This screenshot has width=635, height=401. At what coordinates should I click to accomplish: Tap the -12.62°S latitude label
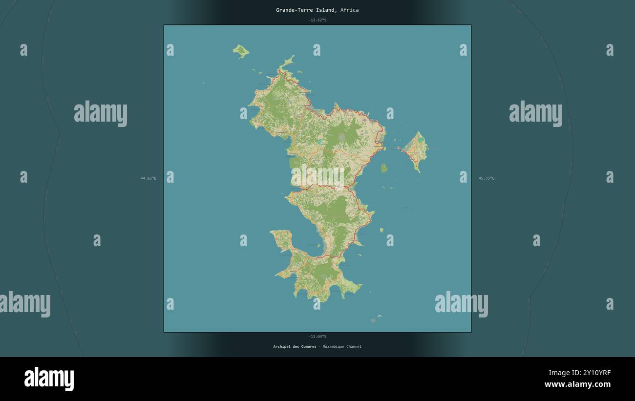(x=317, y=20)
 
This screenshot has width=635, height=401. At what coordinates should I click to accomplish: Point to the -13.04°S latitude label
(x=317, y=337)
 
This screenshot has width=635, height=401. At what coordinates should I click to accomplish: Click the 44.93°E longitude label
(x=148, y=178)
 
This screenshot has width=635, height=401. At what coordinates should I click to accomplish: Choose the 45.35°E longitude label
(x=486, y=178)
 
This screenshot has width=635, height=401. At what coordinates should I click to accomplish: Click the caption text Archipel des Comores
(x=295, y=347)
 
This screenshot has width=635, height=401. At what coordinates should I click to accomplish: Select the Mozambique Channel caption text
(x=342, y=347)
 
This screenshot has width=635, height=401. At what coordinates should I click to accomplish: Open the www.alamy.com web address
(x=577, y=384)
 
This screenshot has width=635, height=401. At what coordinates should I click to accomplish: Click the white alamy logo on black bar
(x=49, y=379)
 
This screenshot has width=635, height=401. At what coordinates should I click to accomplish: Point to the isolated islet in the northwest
(x=240, y=50)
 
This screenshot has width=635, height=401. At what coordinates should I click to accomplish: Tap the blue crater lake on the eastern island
(x=421, y=140)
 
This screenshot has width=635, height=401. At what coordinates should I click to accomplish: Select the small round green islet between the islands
(x=384, y=168)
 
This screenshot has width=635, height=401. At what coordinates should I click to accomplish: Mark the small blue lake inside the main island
(x=319, y=142)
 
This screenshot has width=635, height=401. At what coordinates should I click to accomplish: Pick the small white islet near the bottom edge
(x=379, y=316)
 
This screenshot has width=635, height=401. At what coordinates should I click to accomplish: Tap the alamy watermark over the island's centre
(x=317, y=176)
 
